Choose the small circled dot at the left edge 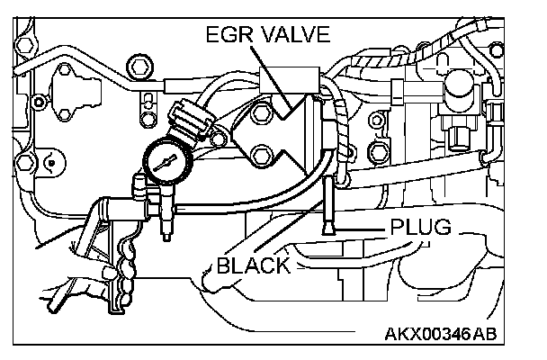click(51, 163)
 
